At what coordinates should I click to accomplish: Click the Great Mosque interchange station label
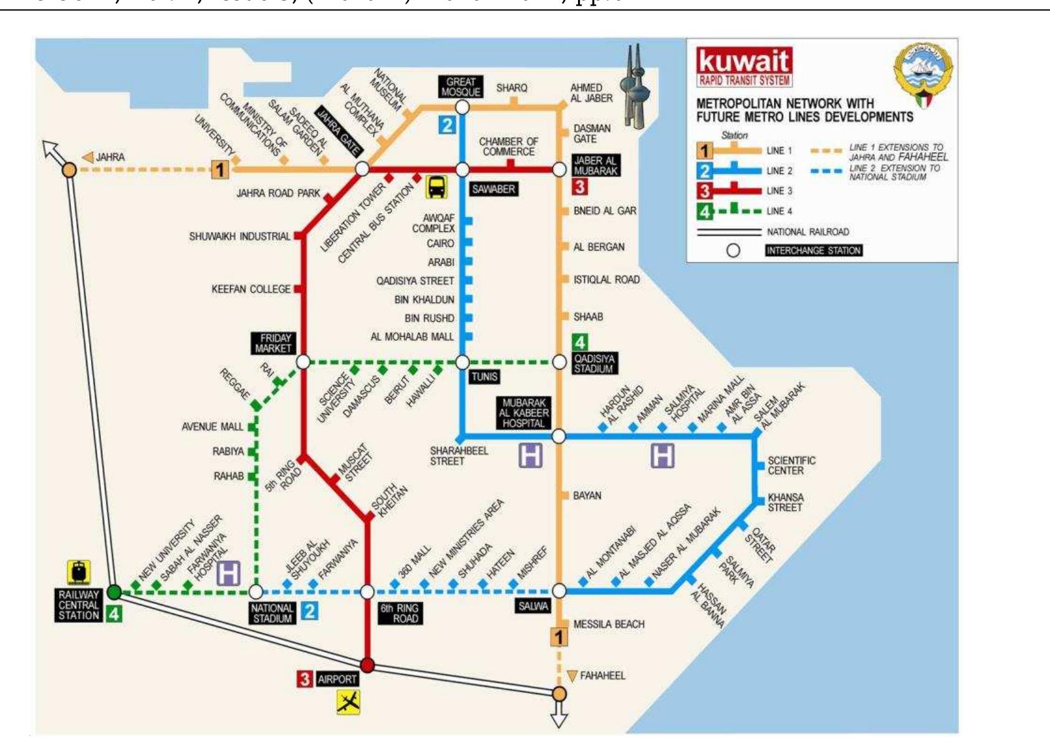461,87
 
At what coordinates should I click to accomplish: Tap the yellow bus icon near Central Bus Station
436,186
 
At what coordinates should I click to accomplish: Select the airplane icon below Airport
349,702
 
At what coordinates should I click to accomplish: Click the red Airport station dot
367,665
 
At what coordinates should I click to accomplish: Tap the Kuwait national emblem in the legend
924,72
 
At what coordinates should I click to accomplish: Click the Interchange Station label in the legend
814,251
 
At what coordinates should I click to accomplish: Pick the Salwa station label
533,606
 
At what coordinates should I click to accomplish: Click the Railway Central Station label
79,605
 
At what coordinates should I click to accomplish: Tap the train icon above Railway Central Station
79,572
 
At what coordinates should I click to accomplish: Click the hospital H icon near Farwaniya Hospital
229,573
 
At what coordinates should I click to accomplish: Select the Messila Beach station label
609,624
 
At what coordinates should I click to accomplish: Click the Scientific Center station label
791,466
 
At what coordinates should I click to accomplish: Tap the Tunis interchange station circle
462,362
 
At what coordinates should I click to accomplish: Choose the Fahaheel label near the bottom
602,676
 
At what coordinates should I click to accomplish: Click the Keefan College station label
251,289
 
